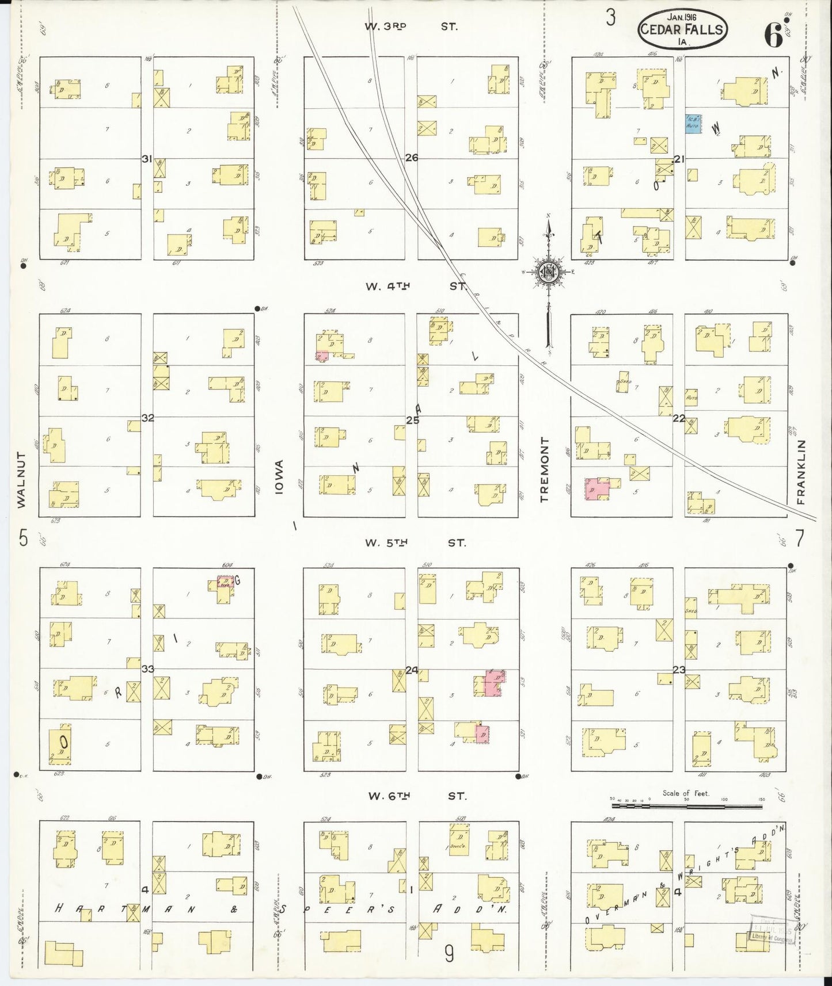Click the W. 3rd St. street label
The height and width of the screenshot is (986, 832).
(411, 26)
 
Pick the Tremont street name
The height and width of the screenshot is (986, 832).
(545, 470)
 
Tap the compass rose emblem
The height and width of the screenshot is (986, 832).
(548, 272)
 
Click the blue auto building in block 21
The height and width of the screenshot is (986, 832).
(693, 124)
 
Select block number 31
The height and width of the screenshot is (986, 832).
(147, 159)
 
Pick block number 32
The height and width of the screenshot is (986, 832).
(147, 418)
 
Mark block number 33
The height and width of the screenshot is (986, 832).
(147, 669)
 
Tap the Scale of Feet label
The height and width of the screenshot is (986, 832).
(686, 793)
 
